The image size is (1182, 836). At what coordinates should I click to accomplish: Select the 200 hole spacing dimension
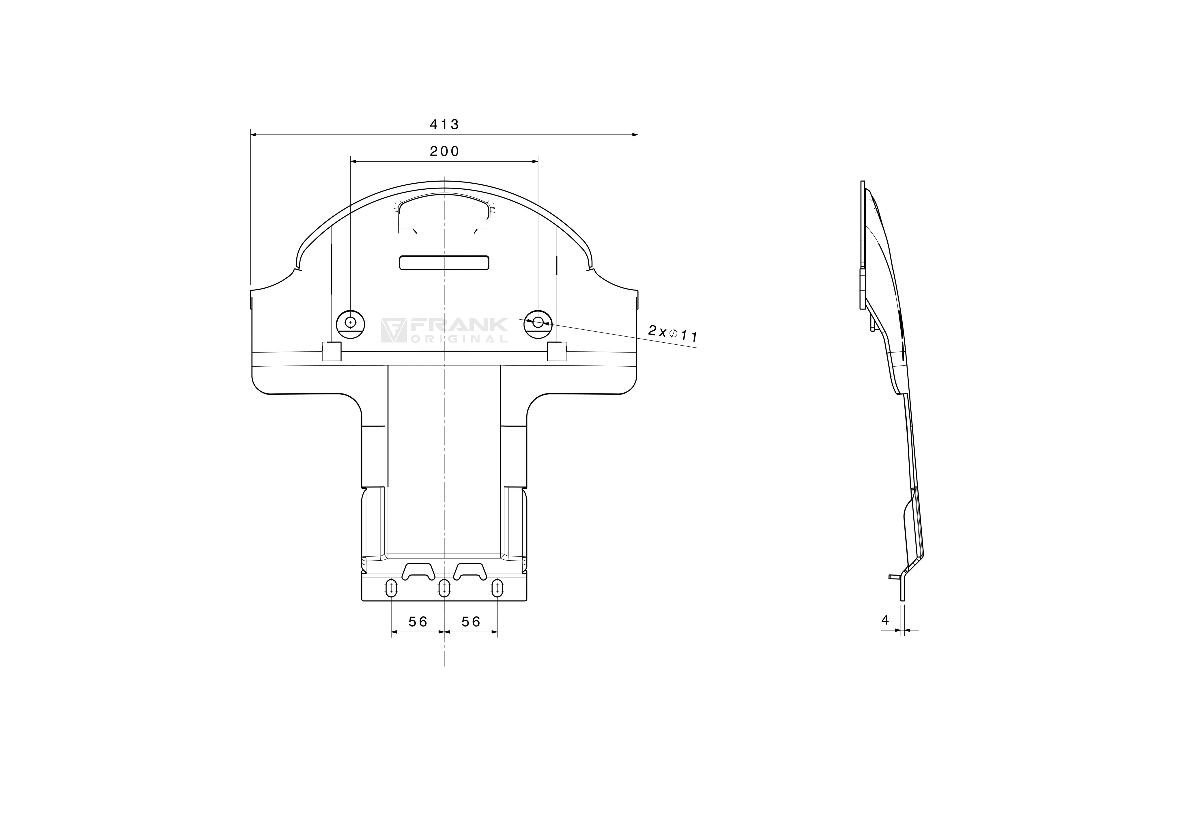coord(444,152)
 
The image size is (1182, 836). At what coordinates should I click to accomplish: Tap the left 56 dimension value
coord(418,622)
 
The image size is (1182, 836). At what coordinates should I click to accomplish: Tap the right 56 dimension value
coord(471,622)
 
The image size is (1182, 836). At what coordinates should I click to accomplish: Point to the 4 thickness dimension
coord(885,620)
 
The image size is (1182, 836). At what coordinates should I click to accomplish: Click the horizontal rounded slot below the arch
coord(444,263)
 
